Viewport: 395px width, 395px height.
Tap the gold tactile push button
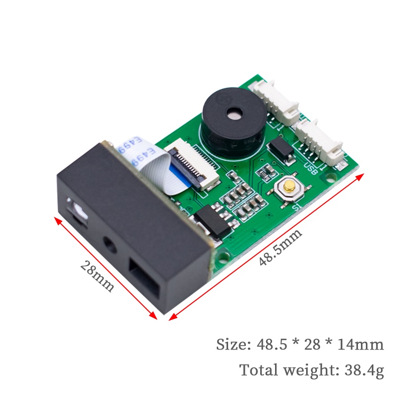click(x=288, y=187)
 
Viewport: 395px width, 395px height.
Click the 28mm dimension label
click(x=97, y=276)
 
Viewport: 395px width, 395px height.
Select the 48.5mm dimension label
click(x=280, y=247)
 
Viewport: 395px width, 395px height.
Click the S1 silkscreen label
click(x=297, y=207)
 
